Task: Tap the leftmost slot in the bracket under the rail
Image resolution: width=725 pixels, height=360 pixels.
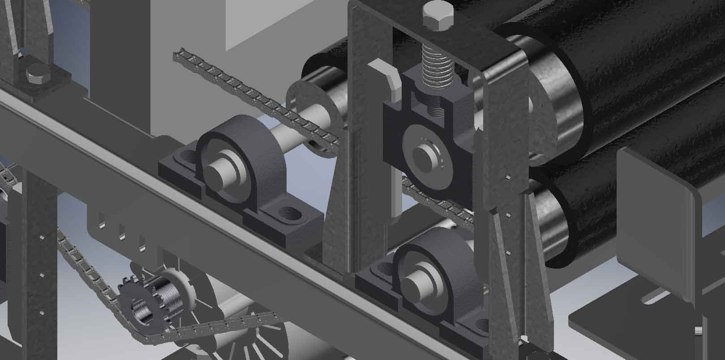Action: tap(102, 221)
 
